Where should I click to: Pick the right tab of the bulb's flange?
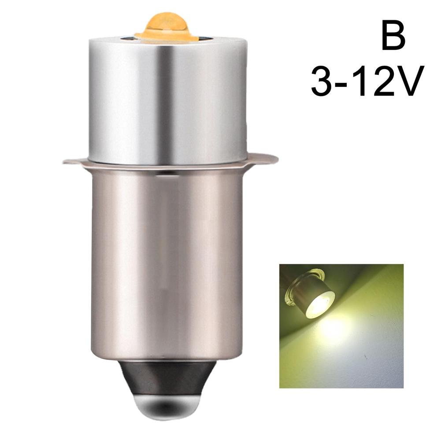click(265, 158)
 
